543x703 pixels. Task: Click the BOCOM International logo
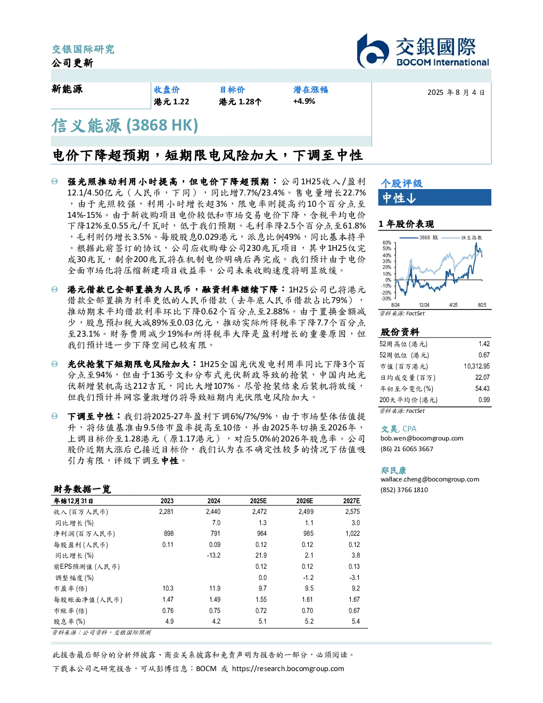point(423,51)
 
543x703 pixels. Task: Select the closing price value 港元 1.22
point(171,102)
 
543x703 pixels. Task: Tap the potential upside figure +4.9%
point(304,101)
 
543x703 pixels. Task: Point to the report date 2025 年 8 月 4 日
point(456,93)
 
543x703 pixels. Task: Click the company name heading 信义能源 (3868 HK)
point(125,126)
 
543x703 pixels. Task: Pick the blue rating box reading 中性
point(434,198)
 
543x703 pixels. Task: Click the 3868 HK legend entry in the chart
point(419,238)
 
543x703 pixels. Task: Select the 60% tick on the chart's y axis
point(387,243)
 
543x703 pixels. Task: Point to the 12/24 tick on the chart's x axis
point(424,305)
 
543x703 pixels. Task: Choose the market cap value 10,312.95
point(476,366)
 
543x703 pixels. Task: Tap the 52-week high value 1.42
point(484,344)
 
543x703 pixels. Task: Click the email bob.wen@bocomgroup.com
point(422,438)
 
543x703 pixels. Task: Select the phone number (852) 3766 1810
point(404,490)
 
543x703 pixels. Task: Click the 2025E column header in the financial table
point(258,501)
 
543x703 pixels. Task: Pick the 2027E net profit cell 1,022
point(352,534)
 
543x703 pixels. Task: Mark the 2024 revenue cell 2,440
point(213,511)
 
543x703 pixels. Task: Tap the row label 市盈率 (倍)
point(70,588)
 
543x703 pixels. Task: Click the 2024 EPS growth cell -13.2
point(213,555)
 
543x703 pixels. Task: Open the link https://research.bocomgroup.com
point(288,669)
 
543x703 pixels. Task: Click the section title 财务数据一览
point(82,489)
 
